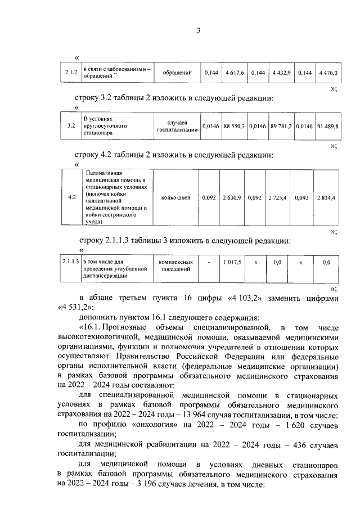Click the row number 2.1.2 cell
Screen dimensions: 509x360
click(x=70, y=73)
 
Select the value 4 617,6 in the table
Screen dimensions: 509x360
click(x=235, y=73)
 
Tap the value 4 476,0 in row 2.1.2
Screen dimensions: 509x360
click(x=328, y=73)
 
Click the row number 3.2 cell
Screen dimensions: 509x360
click(x=70, y=126)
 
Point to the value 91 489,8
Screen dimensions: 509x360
click(x=328, y=126)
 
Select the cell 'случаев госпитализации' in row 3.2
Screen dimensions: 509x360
click(x=177, y=126)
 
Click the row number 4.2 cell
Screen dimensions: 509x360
click(x=71, y=197)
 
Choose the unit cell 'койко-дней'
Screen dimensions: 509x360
click(x=175, y=197)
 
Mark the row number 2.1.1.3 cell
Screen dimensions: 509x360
click(x=70, y=262)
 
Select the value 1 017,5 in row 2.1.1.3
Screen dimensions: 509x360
click(x=231, y=262)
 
